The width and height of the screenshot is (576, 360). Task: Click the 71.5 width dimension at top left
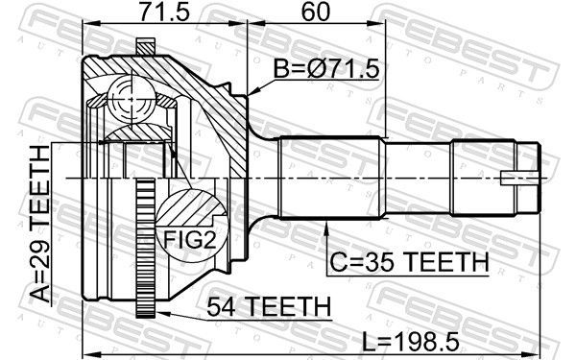[164, 12]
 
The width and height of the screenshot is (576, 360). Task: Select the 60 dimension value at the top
[316, 12]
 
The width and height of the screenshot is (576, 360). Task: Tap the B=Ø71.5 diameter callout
[326, 69]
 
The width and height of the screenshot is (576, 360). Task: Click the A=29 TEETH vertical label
[40, 224]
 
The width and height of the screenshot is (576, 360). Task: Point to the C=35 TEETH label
[409, 262]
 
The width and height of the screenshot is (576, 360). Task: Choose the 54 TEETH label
[269, 307]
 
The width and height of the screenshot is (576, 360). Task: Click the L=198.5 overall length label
[411, 342]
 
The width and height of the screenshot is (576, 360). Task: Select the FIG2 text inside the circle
[189, 239]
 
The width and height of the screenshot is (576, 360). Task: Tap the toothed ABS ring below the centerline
[146, 249]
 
